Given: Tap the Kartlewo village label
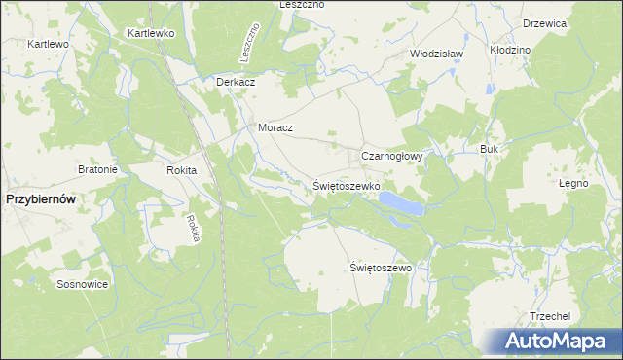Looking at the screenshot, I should click(48, 45).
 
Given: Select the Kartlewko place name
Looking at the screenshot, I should click(150, 33).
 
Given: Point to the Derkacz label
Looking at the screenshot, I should click(236, 82).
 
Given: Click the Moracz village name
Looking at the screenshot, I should click(275, 127).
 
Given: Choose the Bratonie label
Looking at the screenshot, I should click(97, 169).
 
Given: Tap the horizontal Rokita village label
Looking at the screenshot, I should click(182, 170).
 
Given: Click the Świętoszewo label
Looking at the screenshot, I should click(382, 267).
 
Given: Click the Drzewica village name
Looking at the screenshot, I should click(545, 23).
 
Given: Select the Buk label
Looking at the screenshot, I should click(489, 149).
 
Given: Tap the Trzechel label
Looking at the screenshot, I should click(548, 316).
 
